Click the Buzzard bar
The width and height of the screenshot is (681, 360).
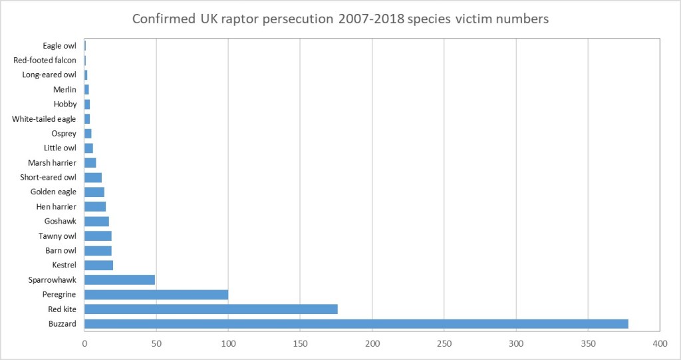356,324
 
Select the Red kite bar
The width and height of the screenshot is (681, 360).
211,309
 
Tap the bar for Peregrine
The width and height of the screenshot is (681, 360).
156,295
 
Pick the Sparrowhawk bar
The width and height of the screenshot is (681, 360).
120,280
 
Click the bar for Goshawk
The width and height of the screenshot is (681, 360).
96,222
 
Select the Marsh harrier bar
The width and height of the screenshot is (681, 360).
90,163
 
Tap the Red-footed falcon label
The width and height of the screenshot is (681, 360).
45,61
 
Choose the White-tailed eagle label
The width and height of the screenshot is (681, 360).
45,119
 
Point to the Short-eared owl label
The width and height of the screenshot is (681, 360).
48,178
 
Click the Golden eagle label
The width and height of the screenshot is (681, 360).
53,192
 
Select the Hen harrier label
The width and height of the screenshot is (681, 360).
57,207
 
